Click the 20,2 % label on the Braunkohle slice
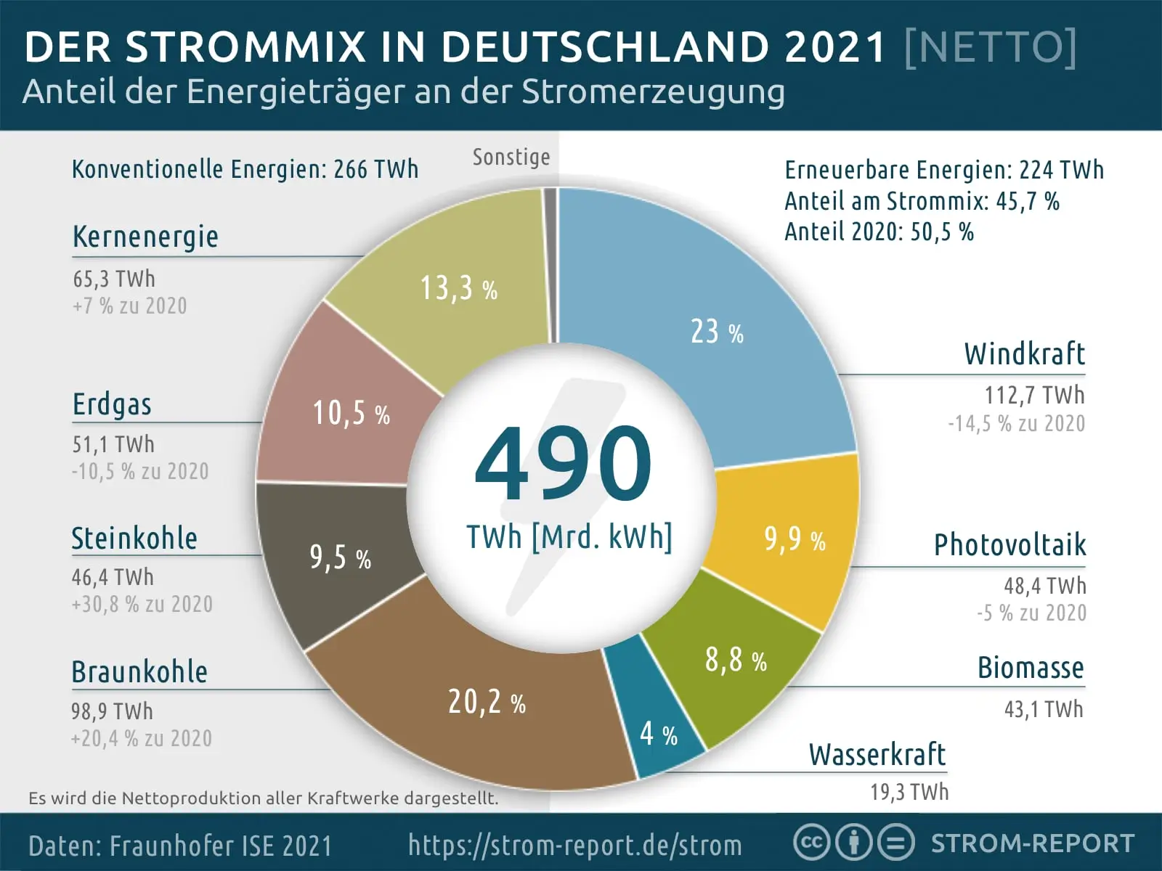pos(486,702)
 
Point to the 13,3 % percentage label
pos(458,288)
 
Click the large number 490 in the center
pos(563,465)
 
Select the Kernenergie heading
pos(145,237)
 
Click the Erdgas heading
pos(112,404)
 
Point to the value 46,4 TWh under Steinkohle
pos(113,577)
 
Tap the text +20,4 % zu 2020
pos(142,738)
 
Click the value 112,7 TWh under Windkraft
pos(1033,396)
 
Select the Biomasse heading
pos(1030,668)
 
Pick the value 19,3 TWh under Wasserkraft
pos(909,792)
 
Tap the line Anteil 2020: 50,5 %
pos(879,232)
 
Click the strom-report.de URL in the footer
pos(574,845)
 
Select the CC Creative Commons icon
pos(812,843)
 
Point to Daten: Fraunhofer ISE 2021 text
pos(179,846)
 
